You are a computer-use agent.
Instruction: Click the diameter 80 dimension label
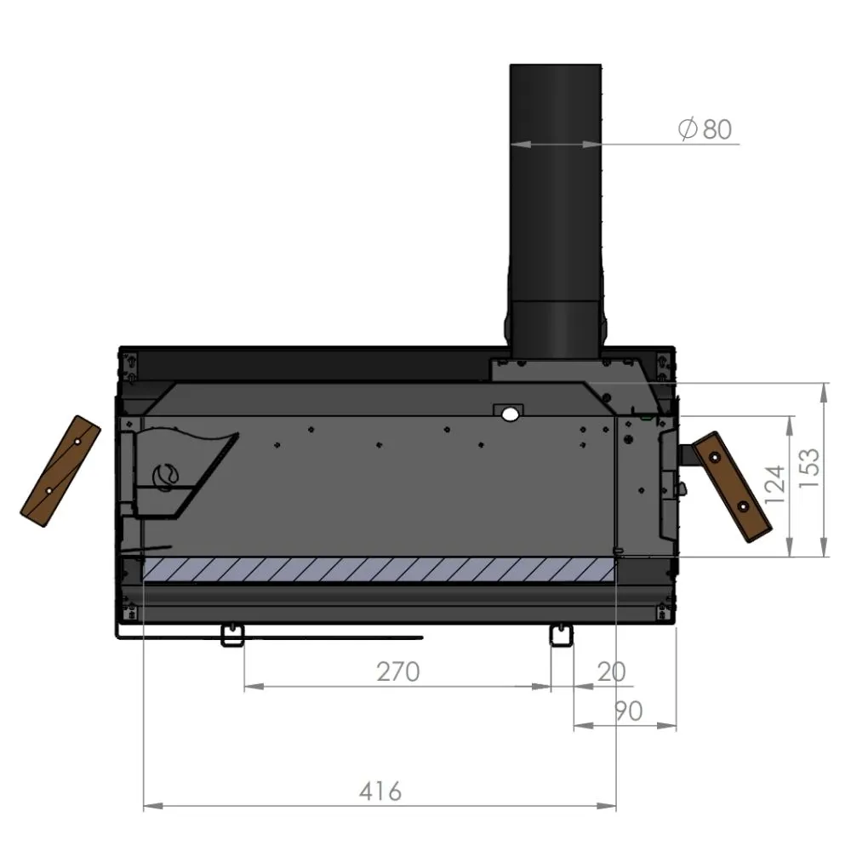pyautogui.click(x=705, y=129)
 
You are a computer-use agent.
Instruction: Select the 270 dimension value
pyautogui.click(x=398, y=671)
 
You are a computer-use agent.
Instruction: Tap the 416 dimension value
pyautogui.click(x=380, y=791)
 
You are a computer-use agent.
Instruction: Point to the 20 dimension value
pyautogui.click(x=611, y=671)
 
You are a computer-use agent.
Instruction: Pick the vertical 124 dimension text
pyautogui.click(x=774, y=485)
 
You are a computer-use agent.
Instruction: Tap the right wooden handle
pyautogui.click(x=730, y=486)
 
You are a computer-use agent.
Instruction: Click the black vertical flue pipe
pyautogui.click(x=556, y=196)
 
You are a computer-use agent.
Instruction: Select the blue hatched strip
pyautogui.click(x=379, y=571)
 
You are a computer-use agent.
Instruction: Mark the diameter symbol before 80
pyautogui.click(x=688, y=129)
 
